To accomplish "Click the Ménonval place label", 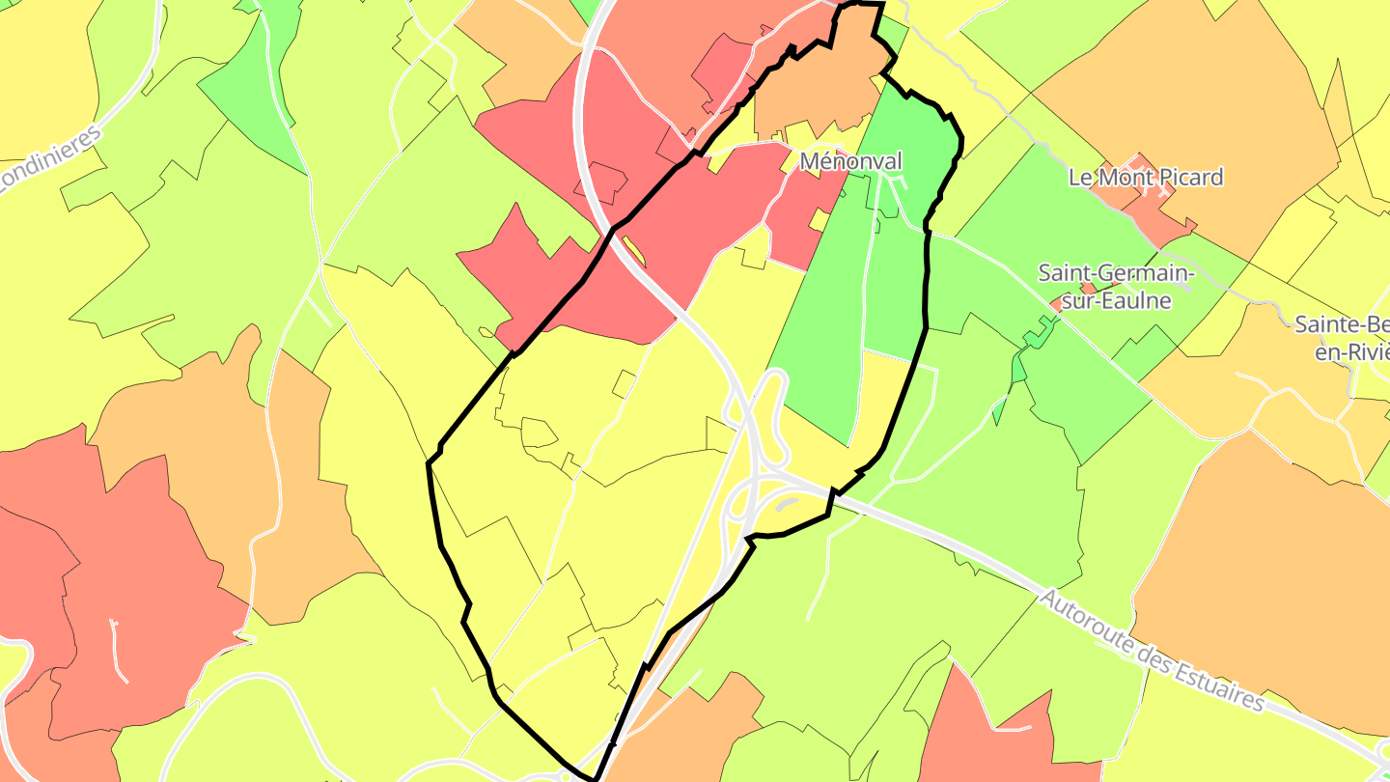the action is pyautogui.click(x=850, y=161).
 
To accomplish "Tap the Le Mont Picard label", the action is pyautogui.click(x=1146, y=177).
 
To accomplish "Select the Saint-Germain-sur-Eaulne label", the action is pyautogui.click(x=1116, y=287).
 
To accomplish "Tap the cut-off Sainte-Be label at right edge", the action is pyautogui.click(x=1342, y=336).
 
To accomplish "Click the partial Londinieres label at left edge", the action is pyautogui.click(x=48, y=159).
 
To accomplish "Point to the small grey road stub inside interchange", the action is pyautogui.click(x=787, y=503).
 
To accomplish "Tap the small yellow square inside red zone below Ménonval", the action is pyautogui.click(x=819, y=220).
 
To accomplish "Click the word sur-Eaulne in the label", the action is pyautogui.click(x=1116, y=300).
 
